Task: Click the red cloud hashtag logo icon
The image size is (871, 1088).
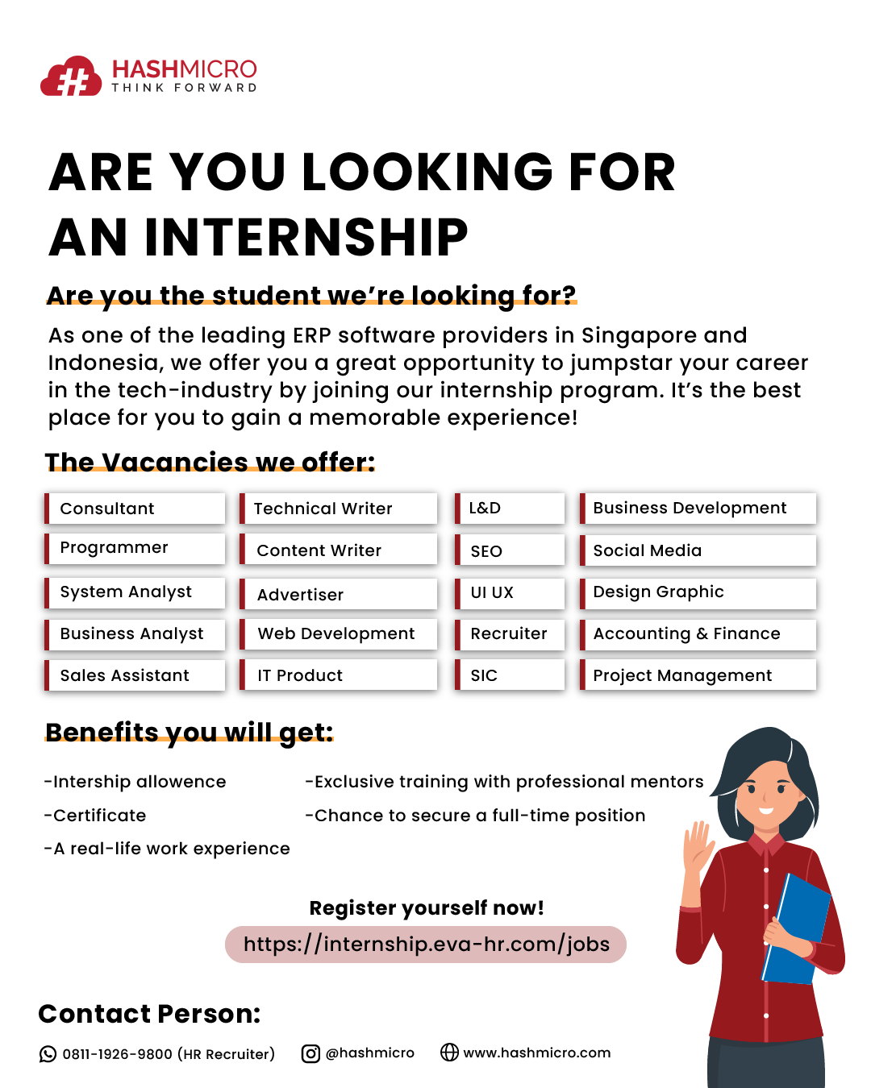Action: [x=70, y=76]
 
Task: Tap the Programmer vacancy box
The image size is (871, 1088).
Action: [x=135, y=549]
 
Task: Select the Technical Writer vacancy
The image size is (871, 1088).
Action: [x=338, y=508]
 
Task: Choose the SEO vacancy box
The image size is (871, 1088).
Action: [x=509, y=550]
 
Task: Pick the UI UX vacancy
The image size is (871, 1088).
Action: [x=509, y=592]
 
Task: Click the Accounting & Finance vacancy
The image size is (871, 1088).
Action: [x=698, y=634]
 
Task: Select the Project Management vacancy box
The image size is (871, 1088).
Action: [x=698, y=675]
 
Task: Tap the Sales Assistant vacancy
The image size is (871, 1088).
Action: [x=135, y=675]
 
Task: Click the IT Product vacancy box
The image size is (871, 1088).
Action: [x=338, y=675]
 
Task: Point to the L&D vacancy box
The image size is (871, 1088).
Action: [x=509, y=508]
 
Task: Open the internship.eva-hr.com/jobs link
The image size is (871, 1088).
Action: [x=426, y=945]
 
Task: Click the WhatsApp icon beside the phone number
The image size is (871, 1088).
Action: [x=48, y=1054]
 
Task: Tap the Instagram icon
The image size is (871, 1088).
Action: [x=310, y=1053]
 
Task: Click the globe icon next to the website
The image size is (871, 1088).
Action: [x=449, y=1052]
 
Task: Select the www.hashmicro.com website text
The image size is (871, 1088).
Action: [x=537, y=1053]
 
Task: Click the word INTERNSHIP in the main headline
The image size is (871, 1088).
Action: [x=306, y=237]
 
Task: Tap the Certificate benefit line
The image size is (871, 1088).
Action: [x=95, y=816]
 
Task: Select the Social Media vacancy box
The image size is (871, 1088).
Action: [x=698, y=550]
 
